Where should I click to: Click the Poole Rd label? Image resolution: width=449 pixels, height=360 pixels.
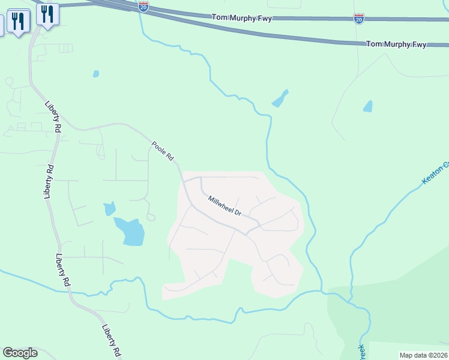(x=163, y=151)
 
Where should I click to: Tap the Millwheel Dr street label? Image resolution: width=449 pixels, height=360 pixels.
(x=224, y=206)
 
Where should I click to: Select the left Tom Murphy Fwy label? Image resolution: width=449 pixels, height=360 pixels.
(x=242, y=19)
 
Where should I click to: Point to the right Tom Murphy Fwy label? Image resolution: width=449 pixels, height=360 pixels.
(x=396, y=44)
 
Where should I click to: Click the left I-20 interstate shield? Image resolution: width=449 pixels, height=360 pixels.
(x=143, y=7)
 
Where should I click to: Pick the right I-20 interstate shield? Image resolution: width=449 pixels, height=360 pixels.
(x=358, y=19)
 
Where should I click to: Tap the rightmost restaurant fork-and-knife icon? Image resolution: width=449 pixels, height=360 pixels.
(x=47, y=13)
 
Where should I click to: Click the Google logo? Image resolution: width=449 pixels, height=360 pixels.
(x=20, y=353)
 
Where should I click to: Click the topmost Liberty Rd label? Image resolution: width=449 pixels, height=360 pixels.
(x=53, y=116)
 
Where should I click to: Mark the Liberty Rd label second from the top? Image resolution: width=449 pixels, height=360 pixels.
(x=50, y=181)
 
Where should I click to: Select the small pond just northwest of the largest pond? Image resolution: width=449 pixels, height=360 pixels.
(x=109, y=209)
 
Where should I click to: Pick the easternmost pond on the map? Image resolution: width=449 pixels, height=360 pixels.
(x=368, y=107)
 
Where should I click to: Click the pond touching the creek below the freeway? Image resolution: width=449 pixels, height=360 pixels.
(x=280, y=99)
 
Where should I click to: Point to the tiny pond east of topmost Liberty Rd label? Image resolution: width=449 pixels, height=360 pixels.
(x=95, y=74)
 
